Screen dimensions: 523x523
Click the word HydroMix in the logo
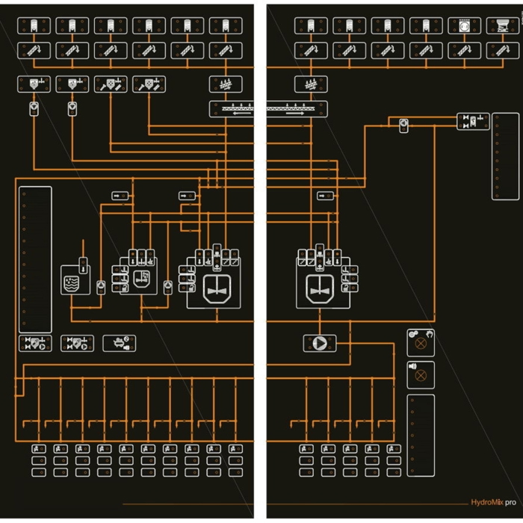(487, 503)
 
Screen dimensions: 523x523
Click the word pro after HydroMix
(510, 503)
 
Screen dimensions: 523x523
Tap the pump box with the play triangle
(320, 343)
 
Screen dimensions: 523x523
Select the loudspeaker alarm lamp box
(421, 374)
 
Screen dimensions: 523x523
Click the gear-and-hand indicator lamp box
(421, 343)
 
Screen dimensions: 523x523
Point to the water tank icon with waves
(75, 279)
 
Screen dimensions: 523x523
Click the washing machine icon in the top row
(464, 25)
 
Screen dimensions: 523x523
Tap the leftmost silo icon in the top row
(34, 25)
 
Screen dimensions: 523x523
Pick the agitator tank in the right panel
(320, 286)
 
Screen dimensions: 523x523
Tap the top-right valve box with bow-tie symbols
(473, 121)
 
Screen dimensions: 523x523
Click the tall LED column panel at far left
(35, 259)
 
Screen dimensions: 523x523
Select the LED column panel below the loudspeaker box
(421, 435)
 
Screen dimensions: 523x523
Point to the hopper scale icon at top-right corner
(503, 25)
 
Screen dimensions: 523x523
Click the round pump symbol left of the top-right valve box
(403, 125)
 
